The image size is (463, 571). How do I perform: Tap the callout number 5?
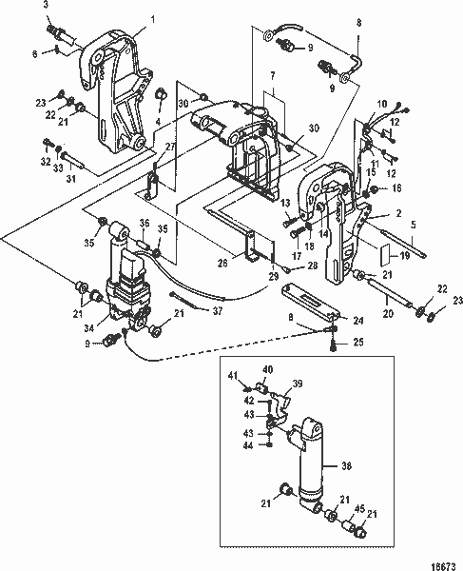coord(413,226)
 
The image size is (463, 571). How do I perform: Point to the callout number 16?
coord(397,189)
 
